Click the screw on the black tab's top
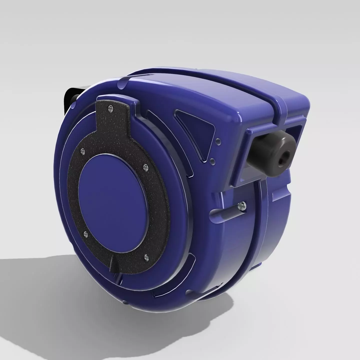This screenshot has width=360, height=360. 110,108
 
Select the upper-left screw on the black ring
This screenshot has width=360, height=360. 83,151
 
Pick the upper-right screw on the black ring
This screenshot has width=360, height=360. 144,166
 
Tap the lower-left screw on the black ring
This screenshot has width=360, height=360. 85,234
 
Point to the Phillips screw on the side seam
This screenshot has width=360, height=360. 241,206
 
